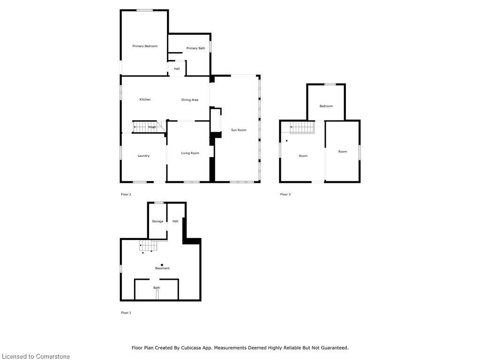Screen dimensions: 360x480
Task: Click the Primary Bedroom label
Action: click(145, 46)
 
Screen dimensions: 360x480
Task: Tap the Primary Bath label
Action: click(195, 48)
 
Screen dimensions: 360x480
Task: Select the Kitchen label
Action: click(145, 99)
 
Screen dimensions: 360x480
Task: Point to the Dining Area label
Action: click(190, 100)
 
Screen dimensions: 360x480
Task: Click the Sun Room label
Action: click(239, 130)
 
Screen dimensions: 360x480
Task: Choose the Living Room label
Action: click(190, 153)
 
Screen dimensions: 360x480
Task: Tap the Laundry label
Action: click(143, 156)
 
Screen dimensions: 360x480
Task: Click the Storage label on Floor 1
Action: click(157, 221)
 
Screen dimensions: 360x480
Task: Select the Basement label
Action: click(162, 268)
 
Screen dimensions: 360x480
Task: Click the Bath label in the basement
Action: click(157, 288)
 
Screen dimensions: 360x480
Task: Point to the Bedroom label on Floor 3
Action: click(326, 106)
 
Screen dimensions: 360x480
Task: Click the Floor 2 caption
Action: click(126, 194)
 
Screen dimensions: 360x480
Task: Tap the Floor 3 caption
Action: click(285, 194)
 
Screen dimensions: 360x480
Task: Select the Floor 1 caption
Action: click(126, 313)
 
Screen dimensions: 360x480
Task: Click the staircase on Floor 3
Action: click(302, 127)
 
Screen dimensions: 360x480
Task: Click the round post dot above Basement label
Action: click(162, 265)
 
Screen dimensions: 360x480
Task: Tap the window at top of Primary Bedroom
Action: click(144, 10)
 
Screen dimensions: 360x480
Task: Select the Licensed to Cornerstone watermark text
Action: click(35, 357)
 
